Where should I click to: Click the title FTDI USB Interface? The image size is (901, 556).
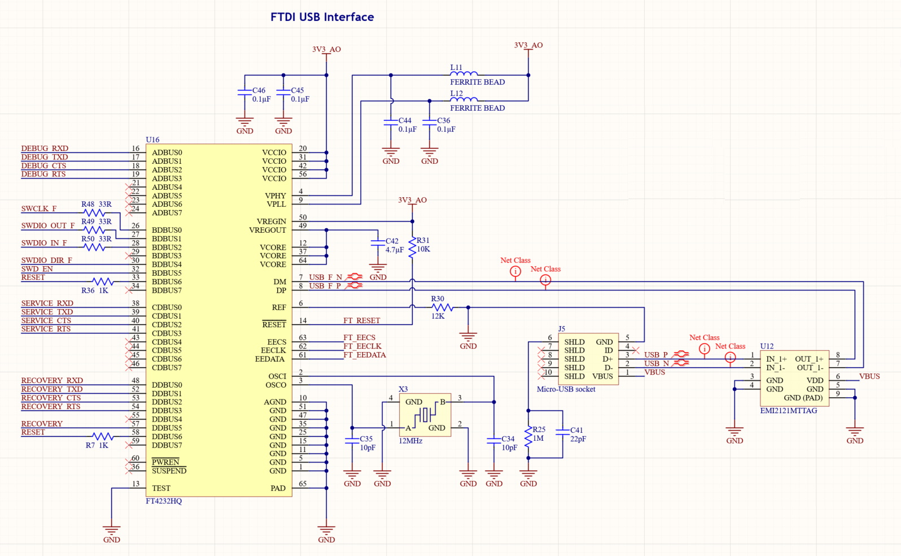322,17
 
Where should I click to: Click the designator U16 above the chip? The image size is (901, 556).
152,140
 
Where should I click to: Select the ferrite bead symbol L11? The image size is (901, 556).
464,73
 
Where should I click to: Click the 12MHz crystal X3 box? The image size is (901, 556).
425,415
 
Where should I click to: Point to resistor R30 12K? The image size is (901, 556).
441,307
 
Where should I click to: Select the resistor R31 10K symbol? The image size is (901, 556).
413,246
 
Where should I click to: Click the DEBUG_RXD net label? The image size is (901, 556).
45,149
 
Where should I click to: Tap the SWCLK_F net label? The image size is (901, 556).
39,208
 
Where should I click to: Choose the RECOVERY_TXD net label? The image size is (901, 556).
52,389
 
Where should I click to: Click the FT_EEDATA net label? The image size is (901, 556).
365,355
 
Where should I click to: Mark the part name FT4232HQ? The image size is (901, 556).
164,501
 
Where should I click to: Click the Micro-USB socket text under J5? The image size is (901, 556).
566,389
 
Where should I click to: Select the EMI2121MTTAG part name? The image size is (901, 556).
788,411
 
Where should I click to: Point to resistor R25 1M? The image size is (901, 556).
528,436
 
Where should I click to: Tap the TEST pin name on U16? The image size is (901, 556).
161,488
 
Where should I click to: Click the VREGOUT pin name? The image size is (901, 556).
268,230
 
